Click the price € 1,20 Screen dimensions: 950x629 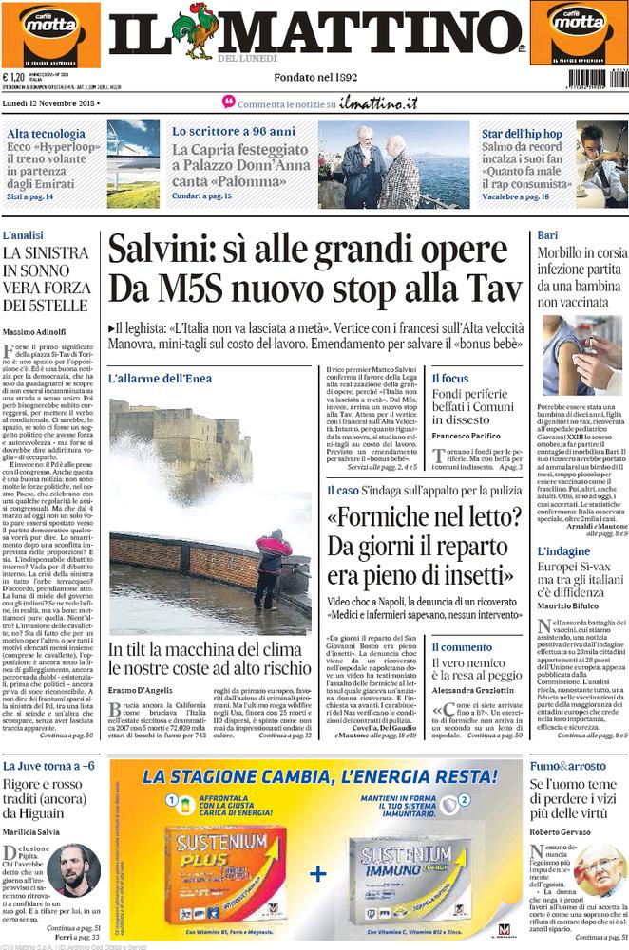[x=14, y=78]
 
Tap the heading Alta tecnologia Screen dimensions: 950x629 [x=43, y=133]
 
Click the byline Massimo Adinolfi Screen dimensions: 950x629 [x=36, y=330]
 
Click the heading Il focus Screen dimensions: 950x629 [x=450, y=378]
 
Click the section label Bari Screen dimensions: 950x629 [x=546, y=234]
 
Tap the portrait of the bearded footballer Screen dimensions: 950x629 [x=74, y=869]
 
